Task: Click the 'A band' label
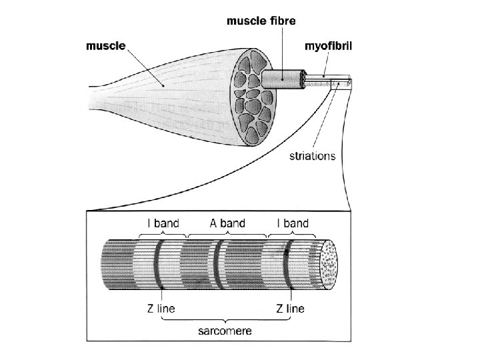point(227,223)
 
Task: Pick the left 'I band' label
point(163,223)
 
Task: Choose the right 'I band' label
point(292,223)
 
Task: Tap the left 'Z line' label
point(161,309)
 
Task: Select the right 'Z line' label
point(290,309)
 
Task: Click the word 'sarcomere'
point(227,330)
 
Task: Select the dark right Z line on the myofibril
point(287,267)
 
